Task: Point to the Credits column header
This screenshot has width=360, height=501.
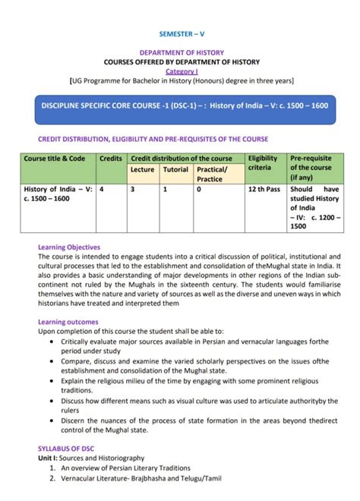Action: click(x=111, y=158)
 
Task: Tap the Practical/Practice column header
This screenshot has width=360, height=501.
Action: click(x=214, y=174)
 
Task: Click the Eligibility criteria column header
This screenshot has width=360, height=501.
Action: click(x=263, y=162)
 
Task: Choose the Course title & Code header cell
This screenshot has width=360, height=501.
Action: click(x=55, y=158)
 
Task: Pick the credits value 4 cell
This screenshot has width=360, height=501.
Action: click(x=102, y=191)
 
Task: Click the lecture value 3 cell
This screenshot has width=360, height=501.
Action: click(x=132, y=191)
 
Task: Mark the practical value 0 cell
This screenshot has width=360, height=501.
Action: click(x=199, y=191)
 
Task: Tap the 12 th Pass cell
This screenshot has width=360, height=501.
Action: click(x=262, y=191)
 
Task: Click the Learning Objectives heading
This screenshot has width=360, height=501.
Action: click(x=69, y=247)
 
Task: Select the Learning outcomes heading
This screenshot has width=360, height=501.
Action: click(x=68, y=322)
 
